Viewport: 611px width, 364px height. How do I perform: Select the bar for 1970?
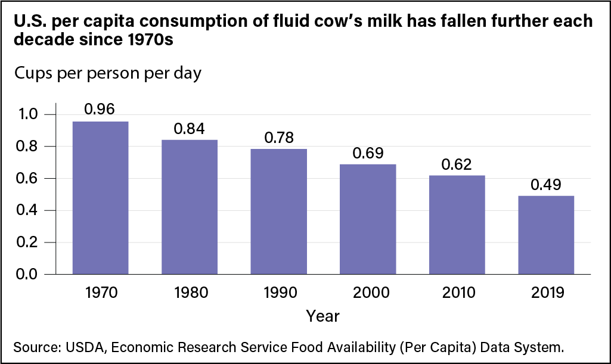pyautogui.click(x=100, y=198)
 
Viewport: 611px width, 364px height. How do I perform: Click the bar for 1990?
pyautogui.click(x=278, y=211)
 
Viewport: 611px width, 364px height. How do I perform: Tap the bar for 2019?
pyautogui.click(x=546, y=235)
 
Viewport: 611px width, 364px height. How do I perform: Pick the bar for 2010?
pyautogui.click(x=457, y=225)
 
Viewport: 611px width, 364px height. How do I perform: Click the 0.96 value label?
pyautogui.click(x=100, y=109)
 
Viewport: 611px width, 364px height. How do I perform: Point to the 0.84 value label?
pyautogui.click(x=189, y=128)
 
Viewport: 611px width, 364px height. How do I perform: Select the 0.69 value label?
pyautogui.click(x=367, y=152)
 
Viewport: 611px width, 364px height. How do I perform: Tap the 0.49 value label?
pyautogui.click(x=546, y=183)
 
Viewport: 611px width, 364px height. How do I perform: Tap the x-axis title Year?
pyautogui.click(x=322, y=316)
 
